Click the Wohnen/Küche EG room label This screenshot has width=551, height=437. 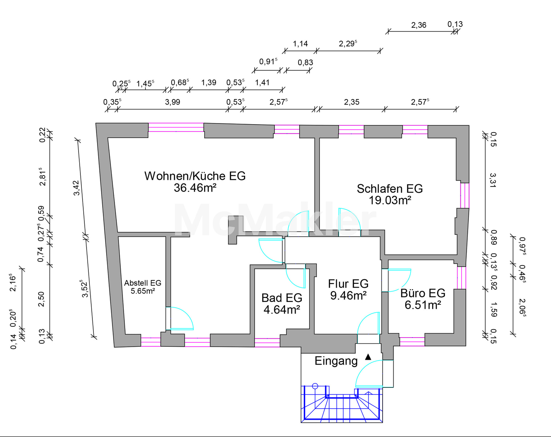coord(195,176)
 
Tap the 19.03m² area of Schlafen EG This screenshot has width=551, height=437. coord(390,200)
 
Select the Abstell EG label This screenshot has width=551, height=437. coord(143,283)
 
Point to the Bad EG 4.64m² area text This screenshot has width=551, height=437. coord(282,310)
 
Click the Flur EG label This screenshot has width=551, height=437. coord(348,284)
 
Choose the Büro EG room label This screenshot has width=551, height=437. coord(423,293)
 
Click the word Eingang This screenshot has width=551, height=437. coord(336,361)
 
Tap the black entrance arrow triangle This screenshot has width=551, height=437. coord(368,357)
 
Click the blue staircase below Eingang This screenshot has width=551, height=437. coord(342,404)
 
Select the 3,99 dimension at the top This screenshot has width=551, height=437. coord(172,102)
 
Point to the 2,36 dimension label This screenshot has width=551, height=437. coord(419,25)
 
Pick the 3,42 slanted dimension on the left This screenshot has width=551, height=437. coord(77,188)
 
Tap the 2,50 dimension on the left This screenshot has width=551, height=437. coord(41,299)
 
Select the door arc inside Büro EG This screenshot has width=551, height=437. coord(400,280)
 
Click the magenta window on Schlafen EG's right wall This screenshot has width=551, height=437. coord(465,196)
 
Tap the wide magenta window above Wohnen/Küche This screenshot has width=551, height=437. coord(176,127)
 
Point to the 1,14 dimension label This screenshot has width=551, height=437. coord(300,44)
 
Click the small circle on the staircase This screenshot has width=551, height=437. coord(315,386)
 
